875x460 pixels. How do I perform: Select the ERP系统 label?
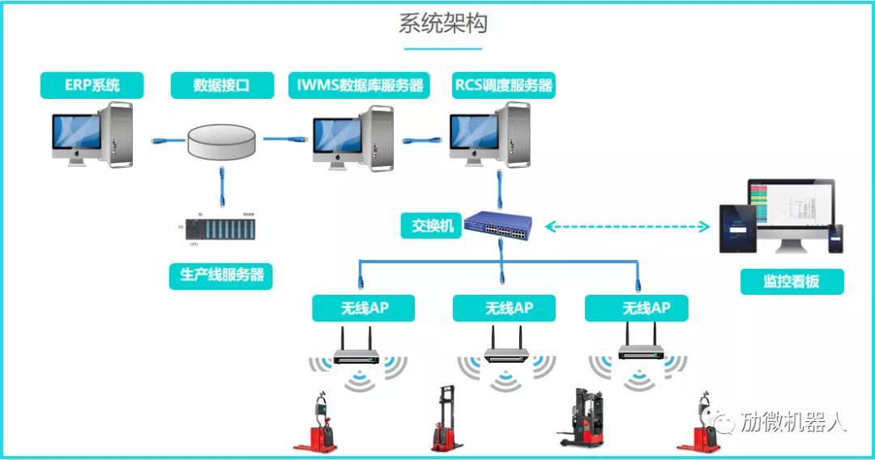click(x=92, y=85)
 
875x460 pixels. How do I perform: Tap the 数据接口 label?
click(x=221, y=85)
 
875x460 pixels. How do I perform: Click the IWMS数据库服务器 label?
click(x=359, y=85)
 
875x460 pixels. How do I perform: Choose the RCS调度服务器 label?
click(x=503, y=85)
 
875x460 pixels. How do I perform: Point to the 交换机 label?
click(x=432, y=225)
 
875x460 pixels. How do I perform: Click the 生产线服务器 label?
click(x=221, y=275)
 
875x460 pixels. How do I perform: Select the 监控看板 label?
click(x=791, y=281)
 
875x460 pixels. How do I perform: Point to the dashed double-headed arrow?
click(x=627, y=227)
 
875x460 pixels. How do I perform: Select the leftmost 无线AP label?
click(x=363, y=308)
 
